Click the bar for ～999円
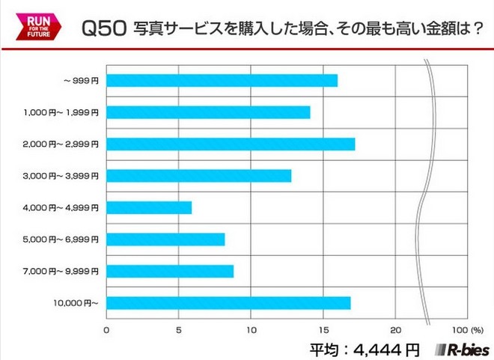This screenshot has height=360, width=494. coord(222,81)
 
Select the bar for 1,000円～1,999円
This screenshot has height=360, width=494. coord(208,112)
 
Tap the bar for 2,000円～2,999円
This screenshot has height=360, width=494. coord(231,144)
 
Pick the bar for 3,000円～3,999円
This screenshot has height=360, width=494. coord(198,176)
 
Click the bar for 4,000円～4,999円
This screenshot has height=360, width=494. coord(149,207)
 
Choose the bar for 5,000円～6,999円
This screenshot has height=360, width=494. coord(165,240)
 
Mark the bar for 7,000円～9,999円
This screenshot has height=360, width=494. coord(170,271)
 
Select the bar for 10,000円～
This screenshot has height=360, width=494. coord(228,303)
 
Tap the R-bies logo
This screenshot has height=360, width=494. coord(462,349)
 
